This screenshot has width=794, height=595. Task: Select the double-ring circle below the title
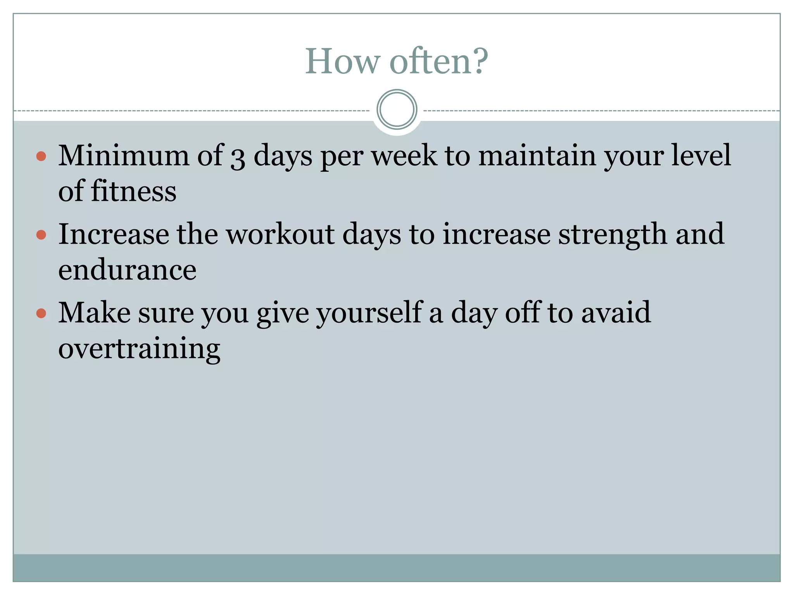[x=397, y=110]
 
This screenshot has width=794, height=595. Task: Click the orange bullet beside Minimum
[x=41, y=156]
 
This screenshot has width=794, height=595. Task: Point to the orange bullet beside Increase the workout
[x=41, y=235]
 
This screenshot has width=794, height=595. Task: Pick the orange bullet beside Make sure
[x=41, y=313]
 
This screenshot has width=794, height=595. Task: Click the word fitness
[x=133, y=191]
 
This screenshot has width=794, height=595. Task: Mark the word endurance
[x=127, y=270]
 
